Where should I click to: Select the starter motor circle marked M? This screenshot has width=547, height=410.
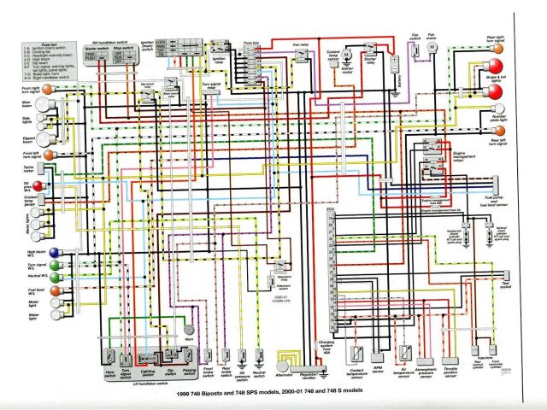(x=350, y=61)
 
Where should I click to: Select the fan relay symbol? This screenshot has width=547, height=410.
(x=300, y=56)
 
